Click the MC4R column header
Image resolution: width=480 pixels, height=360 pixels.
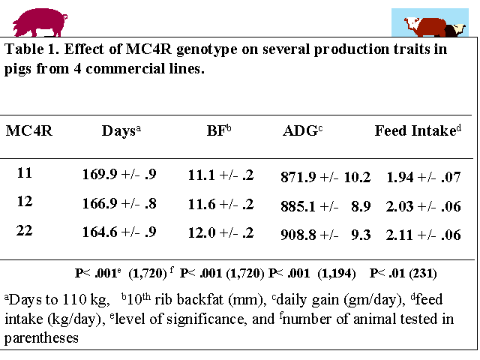(29, 130)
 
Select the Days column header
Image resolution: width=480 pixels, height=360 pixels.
(121, 130)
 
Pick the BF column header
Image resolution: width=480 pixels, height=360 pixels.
(219, 130)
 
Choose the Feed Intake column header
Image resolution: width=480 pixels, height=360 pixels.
(418, 130)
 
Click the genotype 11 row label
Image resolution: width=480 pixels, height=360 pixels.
(25, 173)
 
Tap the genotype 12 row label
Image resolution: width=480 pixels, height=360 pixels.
(25, 202)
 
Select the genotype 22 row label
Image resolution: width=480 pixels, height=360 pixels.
(25, 230)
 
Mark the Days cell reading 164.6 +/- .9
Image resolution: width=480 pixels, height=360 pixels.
(119, 232)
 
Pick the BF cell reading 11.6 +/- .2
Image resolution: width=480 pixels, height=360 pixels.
(221, 204)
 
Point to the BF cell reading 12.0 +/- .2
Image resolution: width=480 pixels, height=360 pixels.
(221, 232)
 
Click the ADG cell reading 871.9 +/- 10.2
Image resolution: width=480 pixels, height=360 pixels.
(325, 178)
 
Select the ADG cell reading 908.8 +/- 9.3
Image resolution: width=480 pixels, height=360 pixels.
(325, 235)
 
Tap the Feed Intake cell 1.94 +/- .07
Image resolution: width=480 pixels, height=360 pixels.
(423, 178)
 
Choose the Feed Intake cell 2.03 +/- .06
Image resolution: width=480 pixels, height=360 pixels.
(423, 206)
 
